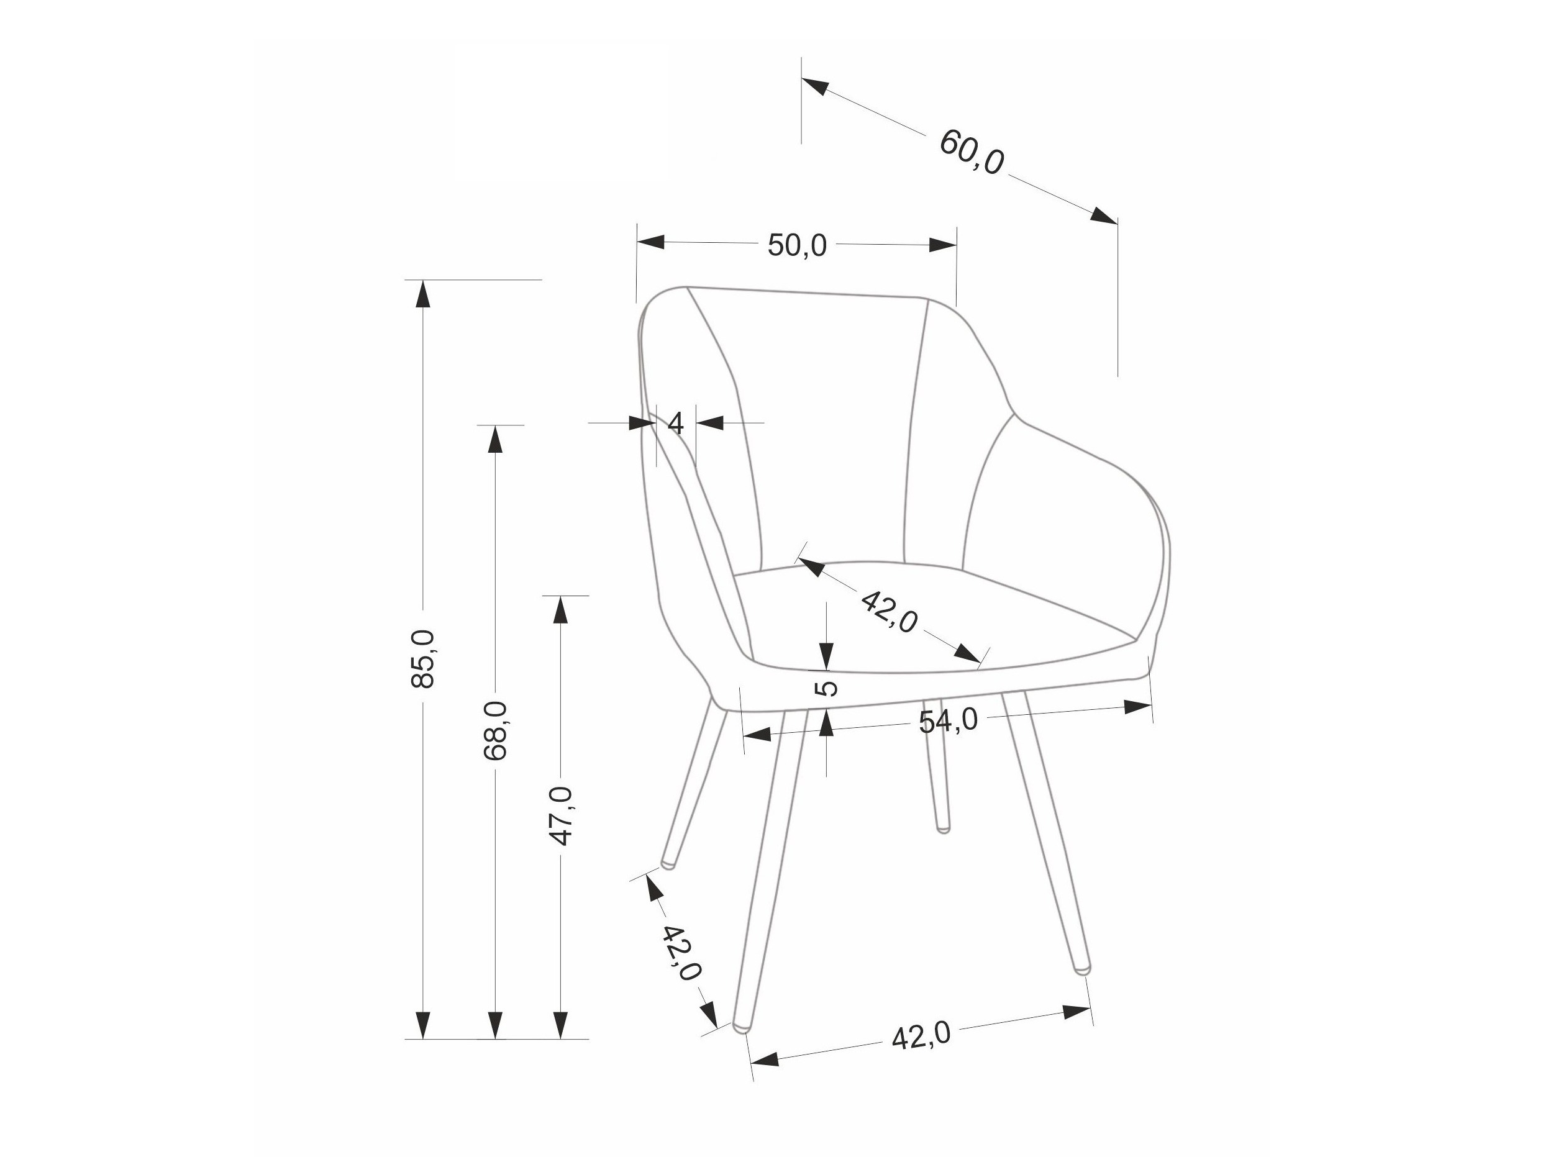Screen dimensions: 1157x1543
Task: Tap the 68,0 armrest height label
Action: pyautogui.click(x=495, y=730)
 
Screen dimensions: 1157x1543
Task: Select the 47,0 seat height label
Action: pyautogui.click(x=561, y=815)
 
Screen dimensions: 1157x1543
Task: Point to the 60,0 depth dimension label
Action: pyautogui.click(x=972, y=152)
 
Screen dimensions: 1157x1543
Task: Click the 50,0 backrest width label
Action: pyautogui.click(x=796, y=245)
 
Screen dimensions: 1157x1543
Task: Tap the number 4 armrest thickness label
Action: pyautogui.click(x=676, y=424)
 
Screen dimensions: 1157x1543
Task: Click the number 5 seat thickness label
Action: pyautogui.click(x=827, y=688)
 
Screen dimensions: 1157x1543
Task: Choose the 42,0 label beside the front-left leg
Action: pyautogui.click(x=680, y=953)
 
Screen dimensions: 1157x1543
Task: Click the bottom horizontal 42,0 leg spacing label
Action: pyautogui.click(x=921, y=1037)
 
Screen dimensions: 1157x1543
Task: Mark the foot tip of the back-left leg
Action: pyautogui.click(x=668, y=864)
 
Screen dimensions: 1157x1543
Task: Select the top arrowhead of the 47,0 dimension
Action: pyautogui.click(x=561, y=609)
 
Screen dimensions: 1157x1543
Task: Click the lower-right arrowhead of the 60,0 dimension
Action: pyautogui.click(x=1104, y=216)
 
